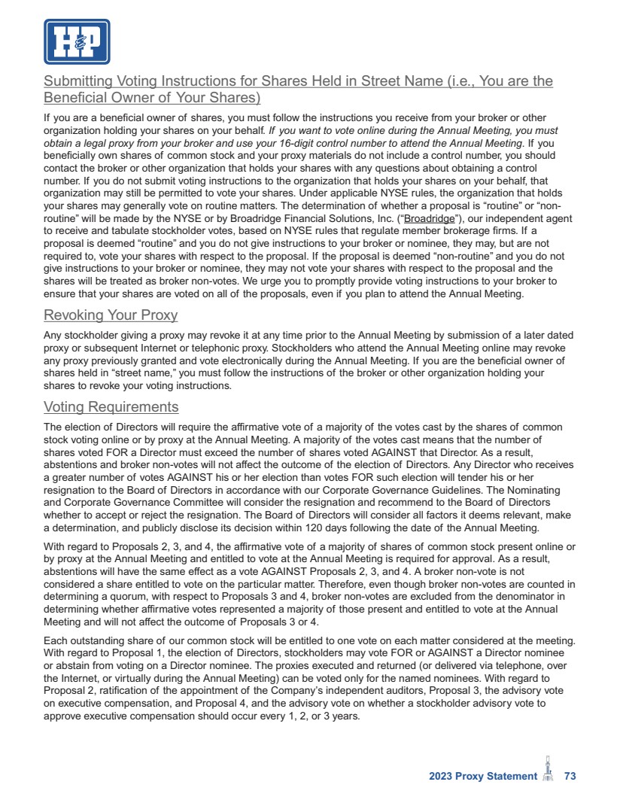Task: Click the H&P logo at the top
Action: tap(77, 41)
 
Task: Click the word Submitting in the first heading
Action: tap(77, 81)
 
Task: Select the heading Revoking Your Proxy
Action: tap(111, 315)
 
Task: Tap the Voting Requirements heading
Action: tap(111, 407)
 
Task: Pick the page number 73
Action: tap(570, 777)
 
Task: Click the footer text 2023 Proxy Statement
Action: tap(479, 777)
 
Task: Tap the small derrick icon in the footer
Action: tap(548, 771)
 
